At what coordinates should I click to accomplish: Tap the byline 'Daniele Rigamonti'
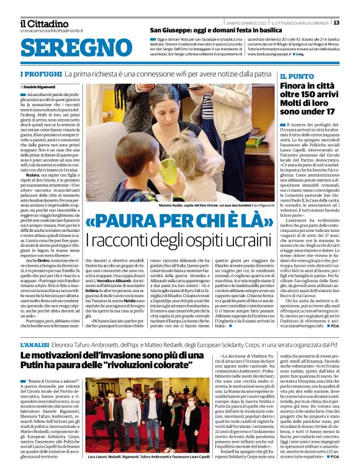click(42, 86)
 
